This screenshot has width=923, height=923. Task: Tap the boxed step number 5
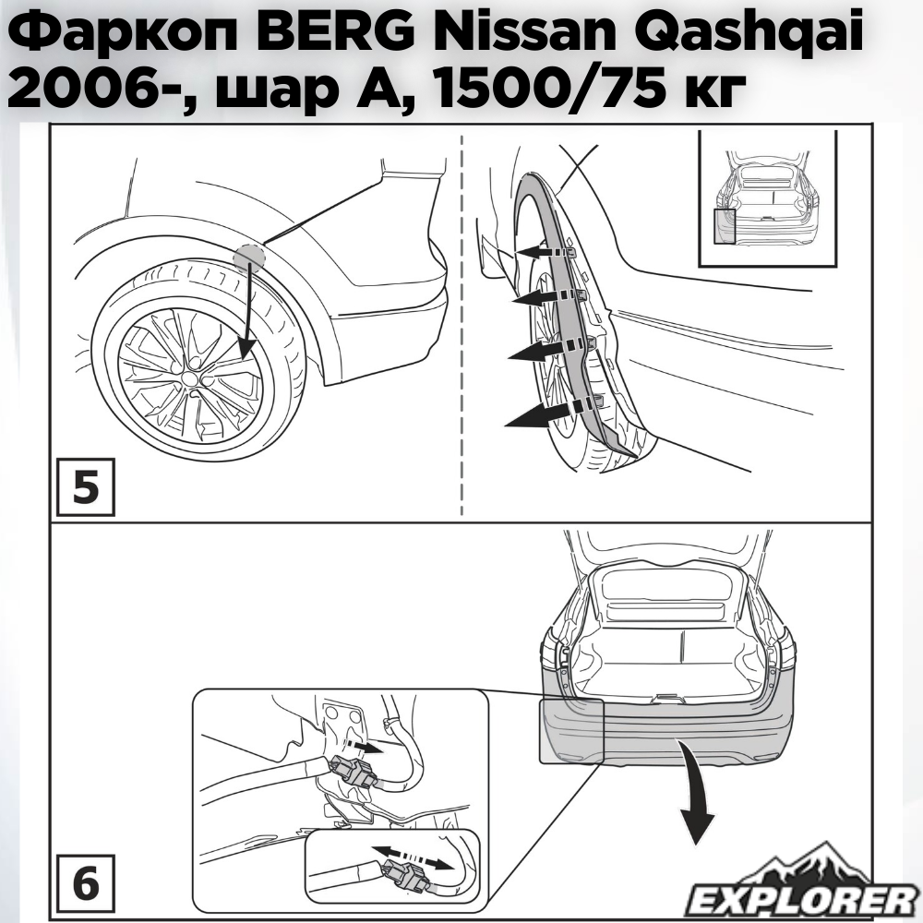coord(85,487)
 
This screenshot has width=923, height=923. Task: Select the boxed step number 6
coord(85,883)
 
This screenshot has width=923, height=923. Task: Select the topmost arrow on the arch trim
coord(543,252)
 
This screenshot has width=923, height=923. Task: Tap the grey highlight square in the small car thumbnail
coord(725,225)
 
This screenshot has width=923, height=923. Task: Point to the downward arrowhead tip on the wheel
coord(247,357)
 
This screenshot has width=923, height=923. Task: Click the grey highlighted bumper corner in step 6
coord(572,731)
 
